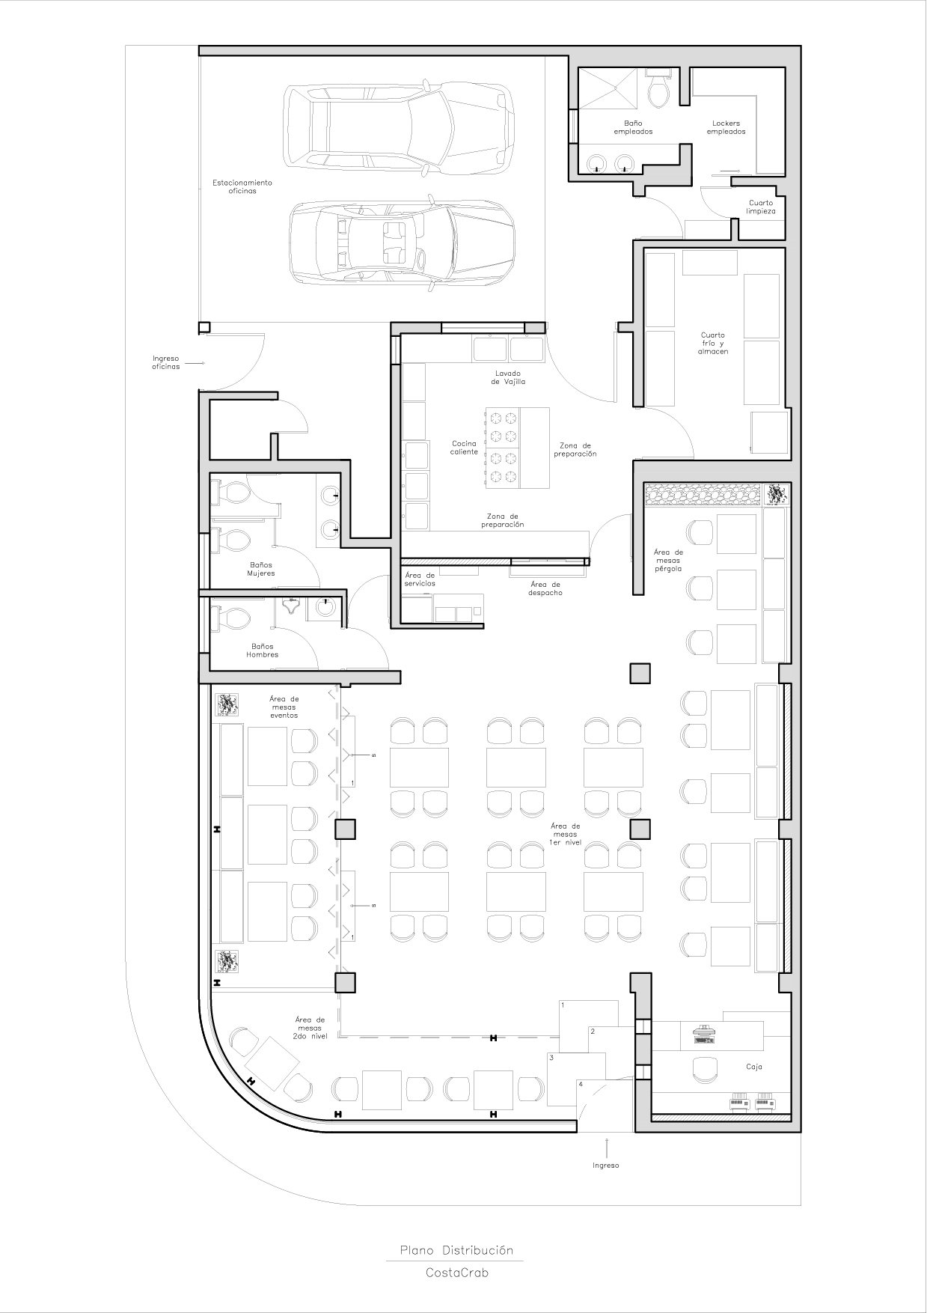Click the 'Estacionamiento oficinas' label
coord(242,186)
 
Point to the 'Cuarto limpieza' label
coord(761,207)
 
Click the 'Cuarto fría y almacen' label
coord(712,343)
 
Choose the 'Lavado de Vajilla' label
coord(508,377)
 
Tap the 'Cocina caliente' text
coord(464,448)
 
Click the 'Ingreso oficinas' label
coord(165,362)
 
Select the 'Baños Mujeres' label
coord(261,569)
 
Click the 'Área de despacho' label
coord(545,588)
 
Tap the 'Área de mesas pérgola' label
coord(667,560)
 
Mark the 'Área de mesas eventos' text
coord(284,707)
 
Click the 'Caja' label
coord(753,1067)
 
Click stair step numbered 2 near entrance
coord(593,1032)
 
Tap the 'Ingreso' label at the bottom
coord(605,1166)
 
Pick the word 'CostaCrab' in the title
coord(456,1273)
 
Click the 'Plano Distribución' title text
coord(456,1250)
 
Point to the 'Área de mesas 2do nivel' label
coord(309,1029)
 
